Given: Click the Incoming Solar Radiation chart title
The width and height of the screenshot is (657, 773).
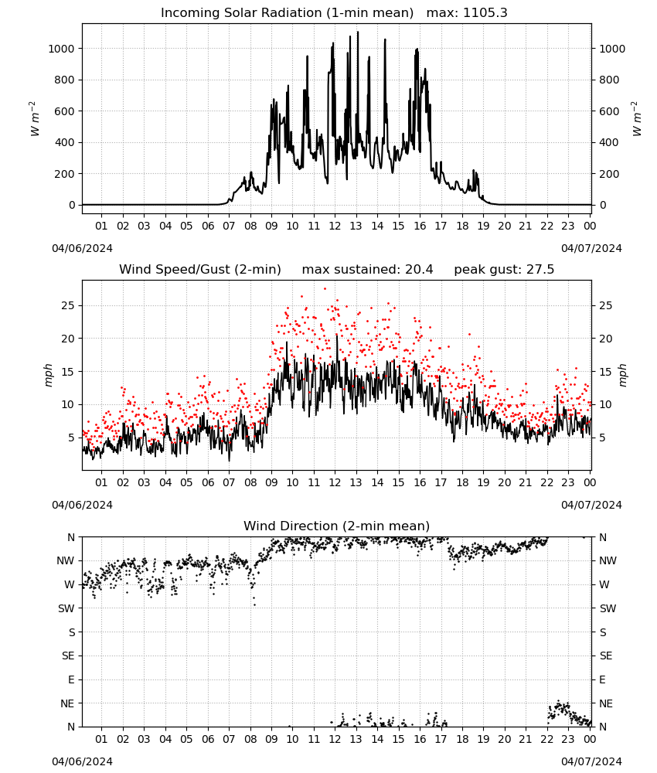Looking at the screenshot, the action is click(x=287, y=13).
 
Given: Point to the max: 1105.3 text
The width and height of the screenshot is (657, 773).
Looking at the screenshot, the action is click(x=467, y=13).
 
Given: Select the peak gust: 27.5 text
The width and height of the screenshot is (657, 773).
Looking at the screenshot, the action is click(x=504, y=270).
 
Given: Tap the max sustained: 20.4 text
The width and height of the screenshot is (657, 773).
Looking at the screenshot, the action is click(x=367, y=270).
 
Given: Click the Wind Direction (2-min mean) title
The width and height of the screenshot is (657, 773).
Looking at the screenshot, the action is click(x=337, y=526).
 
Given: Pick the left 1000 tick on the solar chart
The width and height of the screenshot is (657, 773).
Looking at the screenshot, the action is click(x=61, y=48).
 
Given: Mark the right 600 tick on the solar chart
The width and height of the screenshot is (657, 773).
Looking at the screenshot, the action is click(x=609, y=111).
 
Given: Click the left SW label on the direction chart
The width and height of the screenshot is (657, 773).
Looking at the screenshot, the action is click(x=66, y=608).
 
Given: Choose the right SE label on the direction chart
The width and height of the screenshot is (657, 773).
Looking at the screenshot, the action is click(x=606, y=656).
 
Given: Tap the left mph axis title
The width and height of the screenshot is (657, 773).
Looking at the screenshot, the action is click(x=48, y=375).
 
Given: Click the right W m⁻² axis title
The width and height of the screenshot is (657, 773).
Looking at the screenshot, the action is click(x=637, y=119).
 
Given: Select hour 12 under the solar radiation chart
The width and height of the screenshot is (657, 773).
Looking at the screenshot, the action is click(x=335, y=226).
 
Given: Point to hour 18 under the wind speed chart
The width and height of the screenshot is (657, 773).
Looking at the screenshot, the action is click(x=462, y=482).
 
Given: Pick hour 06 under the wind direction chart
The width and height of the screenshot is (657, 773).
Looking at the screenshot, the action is click(x=208, y=739).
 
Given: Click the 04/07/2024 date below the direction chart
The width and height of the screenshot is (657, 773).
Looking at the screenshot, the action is click(x=591, y=761).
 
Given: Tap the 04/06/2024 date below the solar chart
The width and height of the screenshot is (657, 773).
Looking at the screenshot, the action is click(x=82, y=248).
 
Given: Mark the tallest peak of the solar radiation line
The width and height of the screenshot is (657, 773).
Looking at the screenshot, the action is click(x=358, y=32).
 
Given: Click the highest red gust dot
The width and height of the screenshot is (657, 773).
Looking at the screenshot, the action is click(x=325, y=289).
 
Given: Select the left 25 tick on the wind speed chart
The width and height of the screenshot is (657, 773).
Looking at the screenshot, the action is click(x=69, y=305).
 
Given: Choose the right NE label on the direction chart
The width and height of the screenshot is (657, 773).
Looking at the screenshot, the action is click(x=606, y=703).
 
